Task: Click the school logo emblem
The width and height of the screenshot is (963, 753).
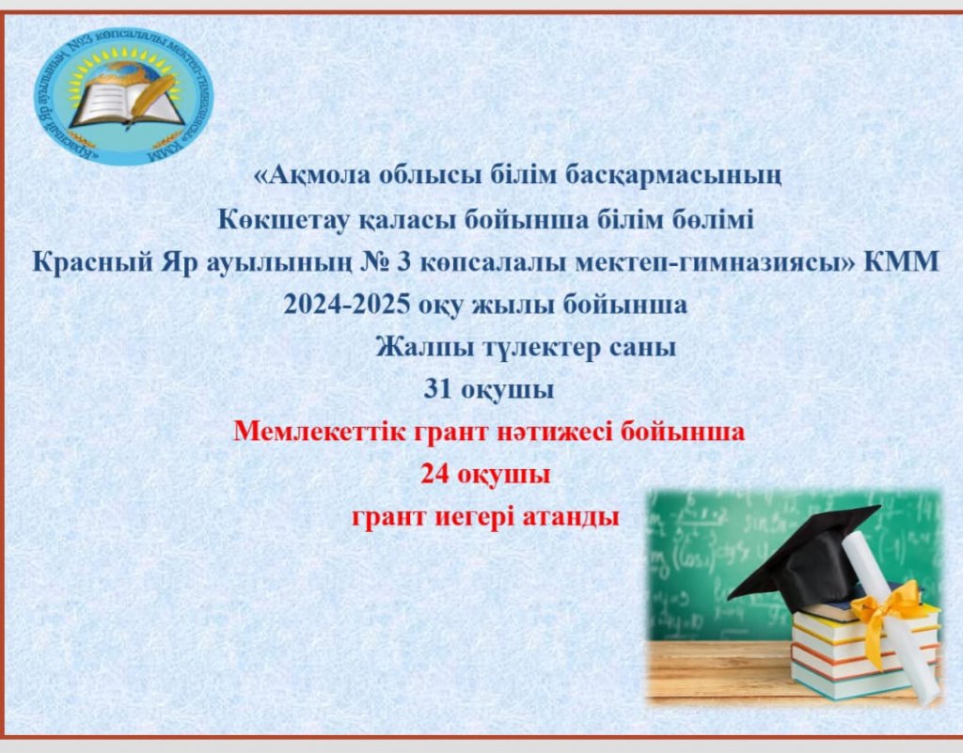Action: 123,96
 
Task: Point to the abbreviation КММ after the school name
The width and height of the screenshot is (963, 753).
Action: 902,262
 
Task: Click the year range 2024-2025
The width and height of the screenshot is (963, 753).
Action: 346,305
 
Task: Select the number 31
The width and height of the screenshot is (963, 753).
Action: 438,390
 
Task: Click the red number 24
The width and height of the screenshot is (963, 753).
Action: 435,475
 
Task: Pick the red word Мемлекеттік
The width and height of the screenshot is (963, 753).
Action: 320,431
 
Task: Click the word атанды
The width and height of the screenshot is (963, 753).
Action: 571,517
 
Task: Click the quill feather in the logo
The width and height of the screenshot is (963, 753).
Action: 151,98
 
